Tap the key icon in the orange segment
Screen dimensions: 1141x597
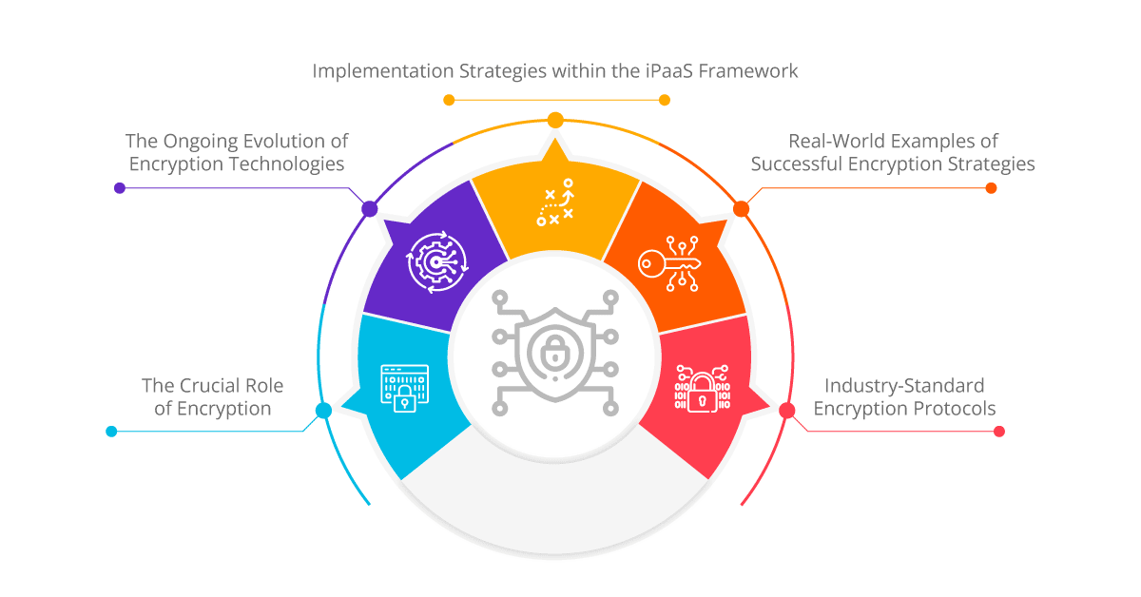coord(669,264)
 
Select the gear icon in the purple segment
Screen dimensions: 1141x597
coord(437,262)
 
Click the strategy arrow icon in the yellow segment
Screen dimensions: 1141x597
coord(555,202)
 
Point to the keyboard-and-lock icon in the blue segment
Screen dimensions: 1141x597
coord(405,388)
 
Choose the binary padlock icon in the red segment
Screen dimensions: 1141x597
coord(703,388)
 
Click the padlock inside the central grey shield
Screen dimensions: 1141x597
coord(554,353)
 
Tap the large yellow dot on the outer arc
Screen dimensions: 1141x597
coord(555,120)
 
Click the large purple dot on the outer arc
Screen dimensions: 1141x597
coord(370,208)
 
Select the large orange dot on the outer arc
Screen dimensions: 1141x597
coord(741,208)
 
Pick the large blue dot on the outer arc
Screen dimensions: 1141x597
coord(323,410)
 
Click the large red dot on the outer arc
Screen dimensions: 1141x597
coord(787,410)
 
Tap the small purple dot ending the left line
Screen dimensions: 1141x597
coord(120,188)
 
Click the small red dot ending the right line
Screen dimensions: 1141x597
coord(999,432)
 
